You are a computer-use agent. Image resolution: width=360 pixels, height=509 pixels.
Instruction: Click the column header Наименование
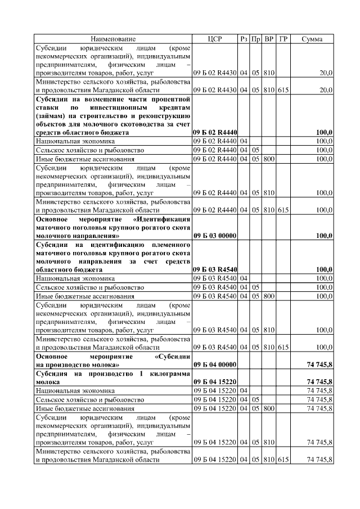click(112, 39)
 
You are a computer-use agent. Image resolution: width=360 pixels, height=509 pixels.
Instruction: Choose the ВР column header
click(269, 39)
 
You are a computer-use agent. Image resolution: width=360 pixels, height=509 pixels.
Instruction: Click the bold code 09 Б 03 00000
click(214, 236)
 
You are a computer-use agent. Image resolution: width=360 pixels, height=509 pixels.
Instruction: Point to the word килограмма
click(166, 373)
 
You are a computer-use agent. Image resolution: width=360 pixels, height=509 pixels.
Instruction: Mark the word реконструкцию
click(165, 115)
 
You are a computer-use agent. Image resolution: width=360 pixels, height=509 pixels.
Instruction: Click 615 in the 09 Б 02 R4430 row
click(283, 89)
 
